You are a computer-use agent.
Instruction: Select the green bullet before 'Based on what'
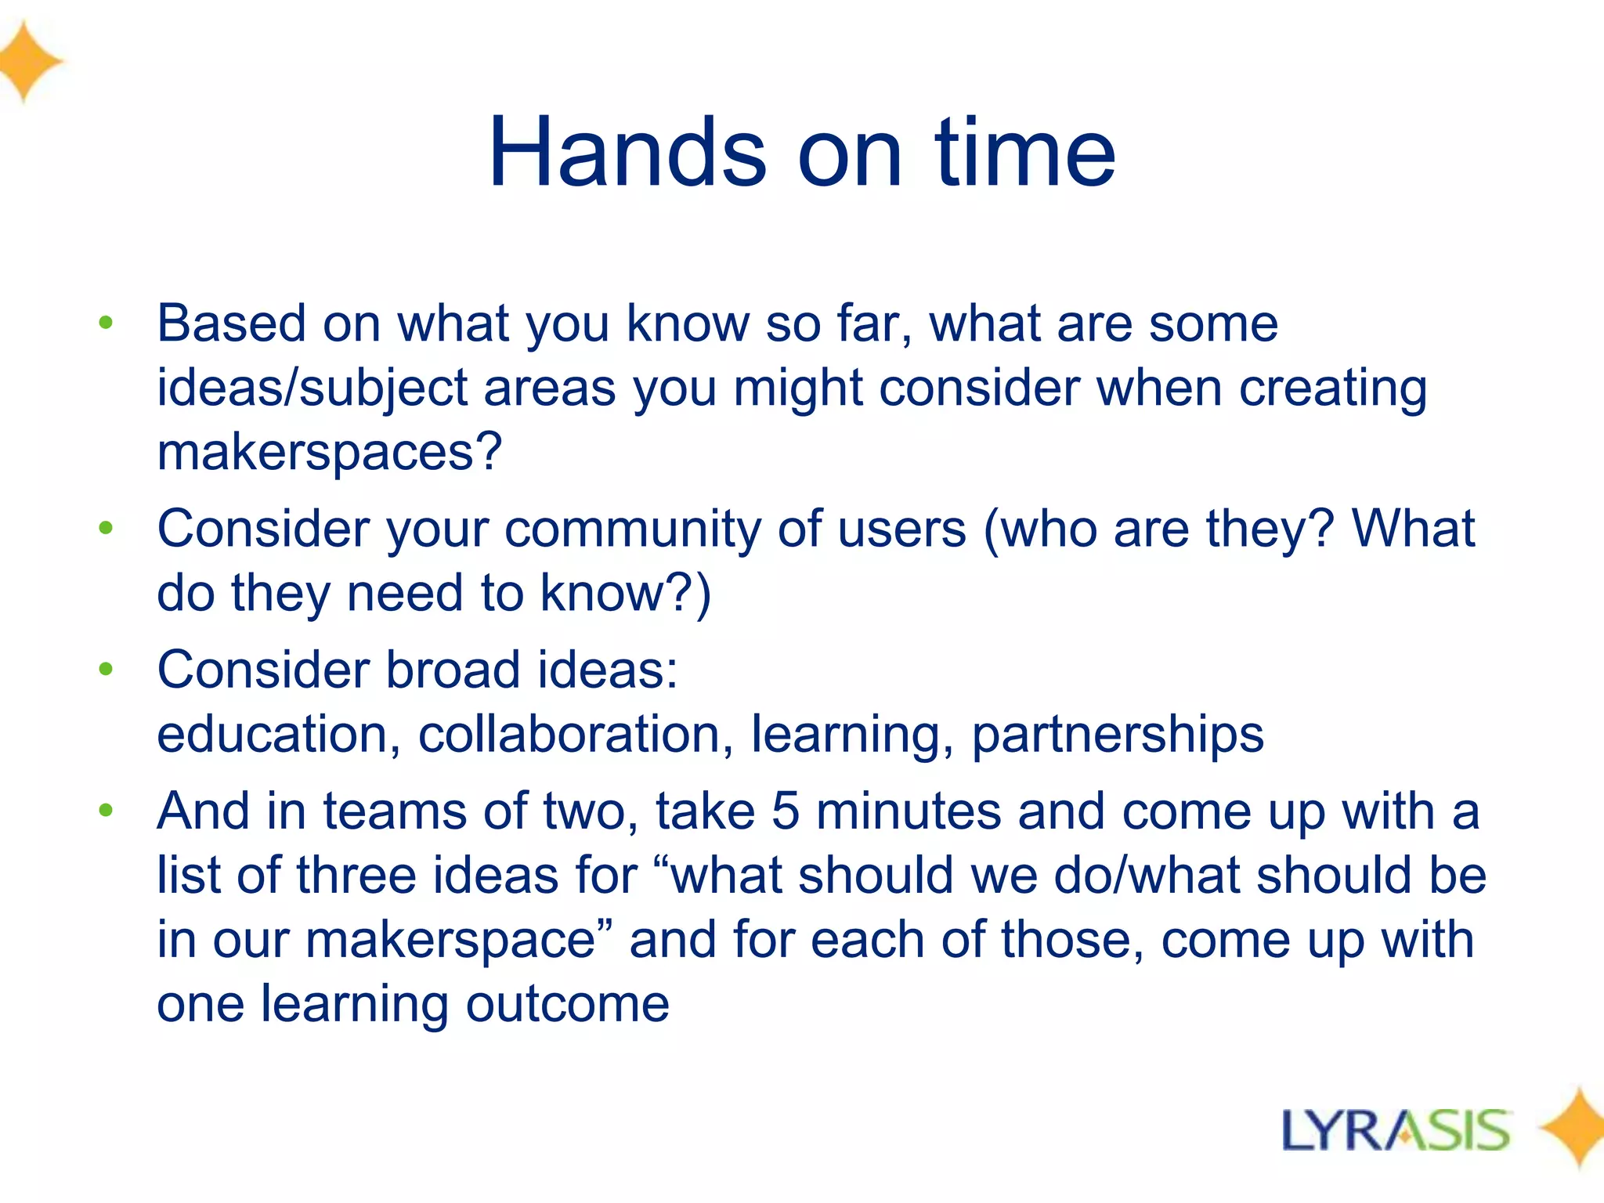(107, 323)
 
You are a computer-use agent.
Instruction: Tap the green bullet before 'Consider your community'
(107, 529)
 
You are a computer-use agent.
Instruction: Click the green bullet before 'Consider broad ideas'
(107, 670)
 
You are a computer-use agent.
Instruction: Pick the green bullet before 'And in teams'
(107, 811)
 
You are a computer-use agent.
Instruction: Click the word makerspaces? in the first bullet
(329, 453)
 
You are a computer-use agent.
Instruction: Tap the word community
(632, 530)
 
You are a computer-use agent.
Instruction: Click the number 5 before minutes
(785, 811)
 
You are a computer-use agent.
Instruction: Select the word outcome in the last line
(568, 1004)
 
